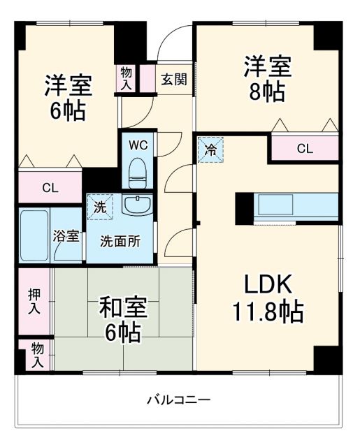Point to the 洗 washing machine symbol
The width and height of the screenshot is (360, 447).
point(99,207)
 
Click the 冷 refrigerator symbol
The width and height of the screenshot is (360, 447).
point(210,148)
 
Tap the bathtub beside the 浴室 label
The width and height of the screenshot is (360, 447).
point(33,235)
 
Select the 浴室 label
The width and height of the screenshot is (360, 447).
point(67,236)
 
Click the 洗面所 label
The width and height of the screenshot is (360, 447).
point(120,242)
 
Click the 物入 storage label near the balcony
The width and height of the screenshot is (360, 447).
point(36,355)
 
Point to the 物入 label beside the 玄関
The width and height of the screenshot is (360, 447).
point(127,78)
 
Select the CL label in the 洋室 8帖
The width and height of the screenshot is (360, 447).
point(304,148)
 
